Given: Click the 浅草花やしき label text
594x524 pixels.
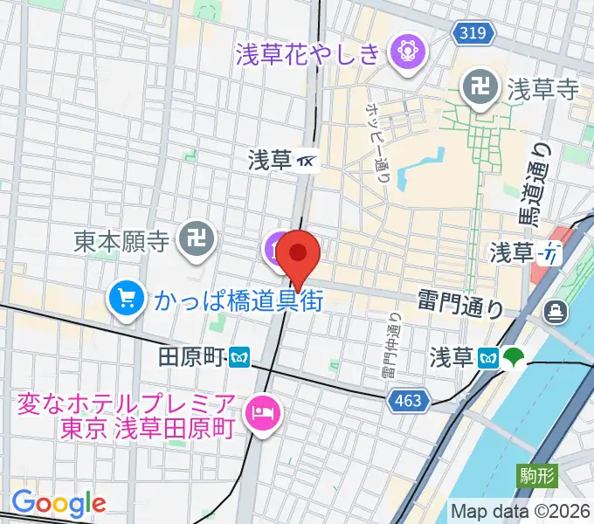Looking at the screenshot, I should tap(308, 53).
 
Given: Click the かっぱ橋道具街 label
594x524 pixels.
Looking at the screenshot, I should tap(239, 301).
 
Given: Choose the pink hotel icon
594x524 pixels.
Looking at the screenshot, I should tap(260, 410).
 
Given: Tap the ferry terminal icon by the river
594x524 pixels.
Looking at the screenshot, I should tap(555, 310).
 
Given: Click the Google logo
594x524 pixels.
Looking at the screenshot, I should tap(59, 503).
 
